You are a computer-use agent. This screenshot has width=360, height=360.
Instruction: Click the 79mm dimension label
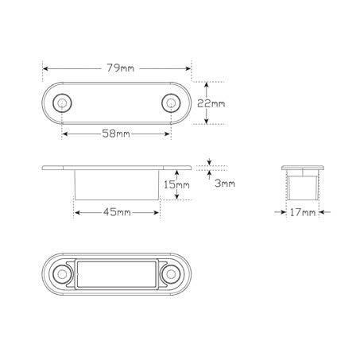click(x=116, y=68)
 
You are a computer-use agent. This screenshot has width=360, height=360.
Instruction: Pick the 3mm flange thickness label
click(x=224, y=184)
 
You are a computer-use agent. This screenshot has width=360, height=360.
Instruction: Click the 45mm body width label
click(x=116, y=212)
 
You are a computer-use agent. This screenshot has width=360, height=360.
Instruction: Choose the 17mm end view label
click(x=303, y=212)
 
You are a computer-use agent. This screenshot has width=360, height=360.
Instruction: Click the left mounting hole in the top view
click(x=61, y=103)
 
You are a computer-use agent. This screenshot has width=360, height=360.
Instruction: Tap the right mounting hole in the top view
click(x=171, y=103)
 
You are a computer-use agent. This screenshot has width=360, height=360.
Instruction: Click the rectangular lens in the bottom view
click(x=116, y=274)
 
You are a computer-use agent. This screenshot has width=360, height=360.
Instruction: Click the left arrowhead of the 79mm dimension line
click(x=45, y=68)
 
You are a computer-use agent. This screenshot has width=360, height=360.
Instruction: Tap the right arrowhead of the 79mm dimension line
click(x=188, y=68)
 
